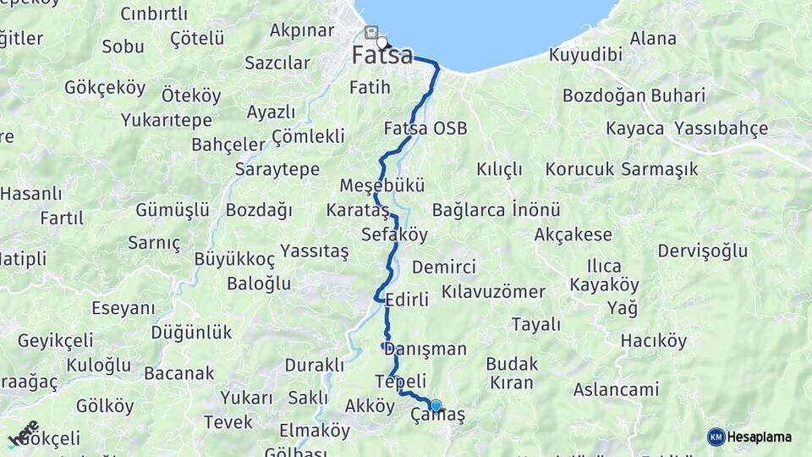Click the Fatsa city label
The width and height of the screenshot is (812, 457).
tap(382, 57)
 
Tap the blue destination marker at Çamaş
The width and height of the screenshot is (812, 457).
tap(436, 405)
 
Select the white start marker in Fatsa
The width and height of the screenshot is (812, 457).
tap(382, 42)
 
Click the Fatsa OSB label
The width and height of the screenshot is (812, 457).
tap(425, 129)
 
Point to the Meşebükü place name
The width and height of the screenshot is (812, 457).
tap(381, 185)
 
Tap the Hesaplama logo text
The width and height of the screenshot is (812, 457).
tap(759, 437)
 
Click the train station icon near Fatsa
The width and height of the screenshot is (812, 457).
tap(370, 33)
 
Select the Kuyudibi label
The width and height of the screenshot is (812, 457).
tap(585, 56)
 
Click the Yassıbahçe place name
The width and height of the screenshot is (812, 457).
tap(721, 129)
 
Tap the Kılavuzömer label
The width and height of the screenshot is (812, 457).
tap(493, 292)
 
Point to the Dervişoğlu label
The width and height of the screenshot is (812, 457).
tap(703, 251)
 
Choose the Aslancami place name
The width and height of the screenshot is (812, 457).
tap(616, 390)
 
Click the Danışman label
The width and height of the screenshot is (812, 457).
tap(425, 349)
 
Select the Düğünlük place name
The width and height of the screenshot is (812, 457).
tap(191, 333)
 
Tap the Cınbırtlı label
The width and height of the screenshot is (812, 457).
tap(153, 14)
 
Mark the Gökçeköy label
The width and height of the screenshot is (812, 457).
tap(105, 88)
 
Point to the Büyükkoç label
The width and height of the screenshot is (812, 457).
tap(234, 259)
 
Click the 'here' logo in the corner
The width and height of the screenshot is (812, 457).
tap(23, 432)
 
